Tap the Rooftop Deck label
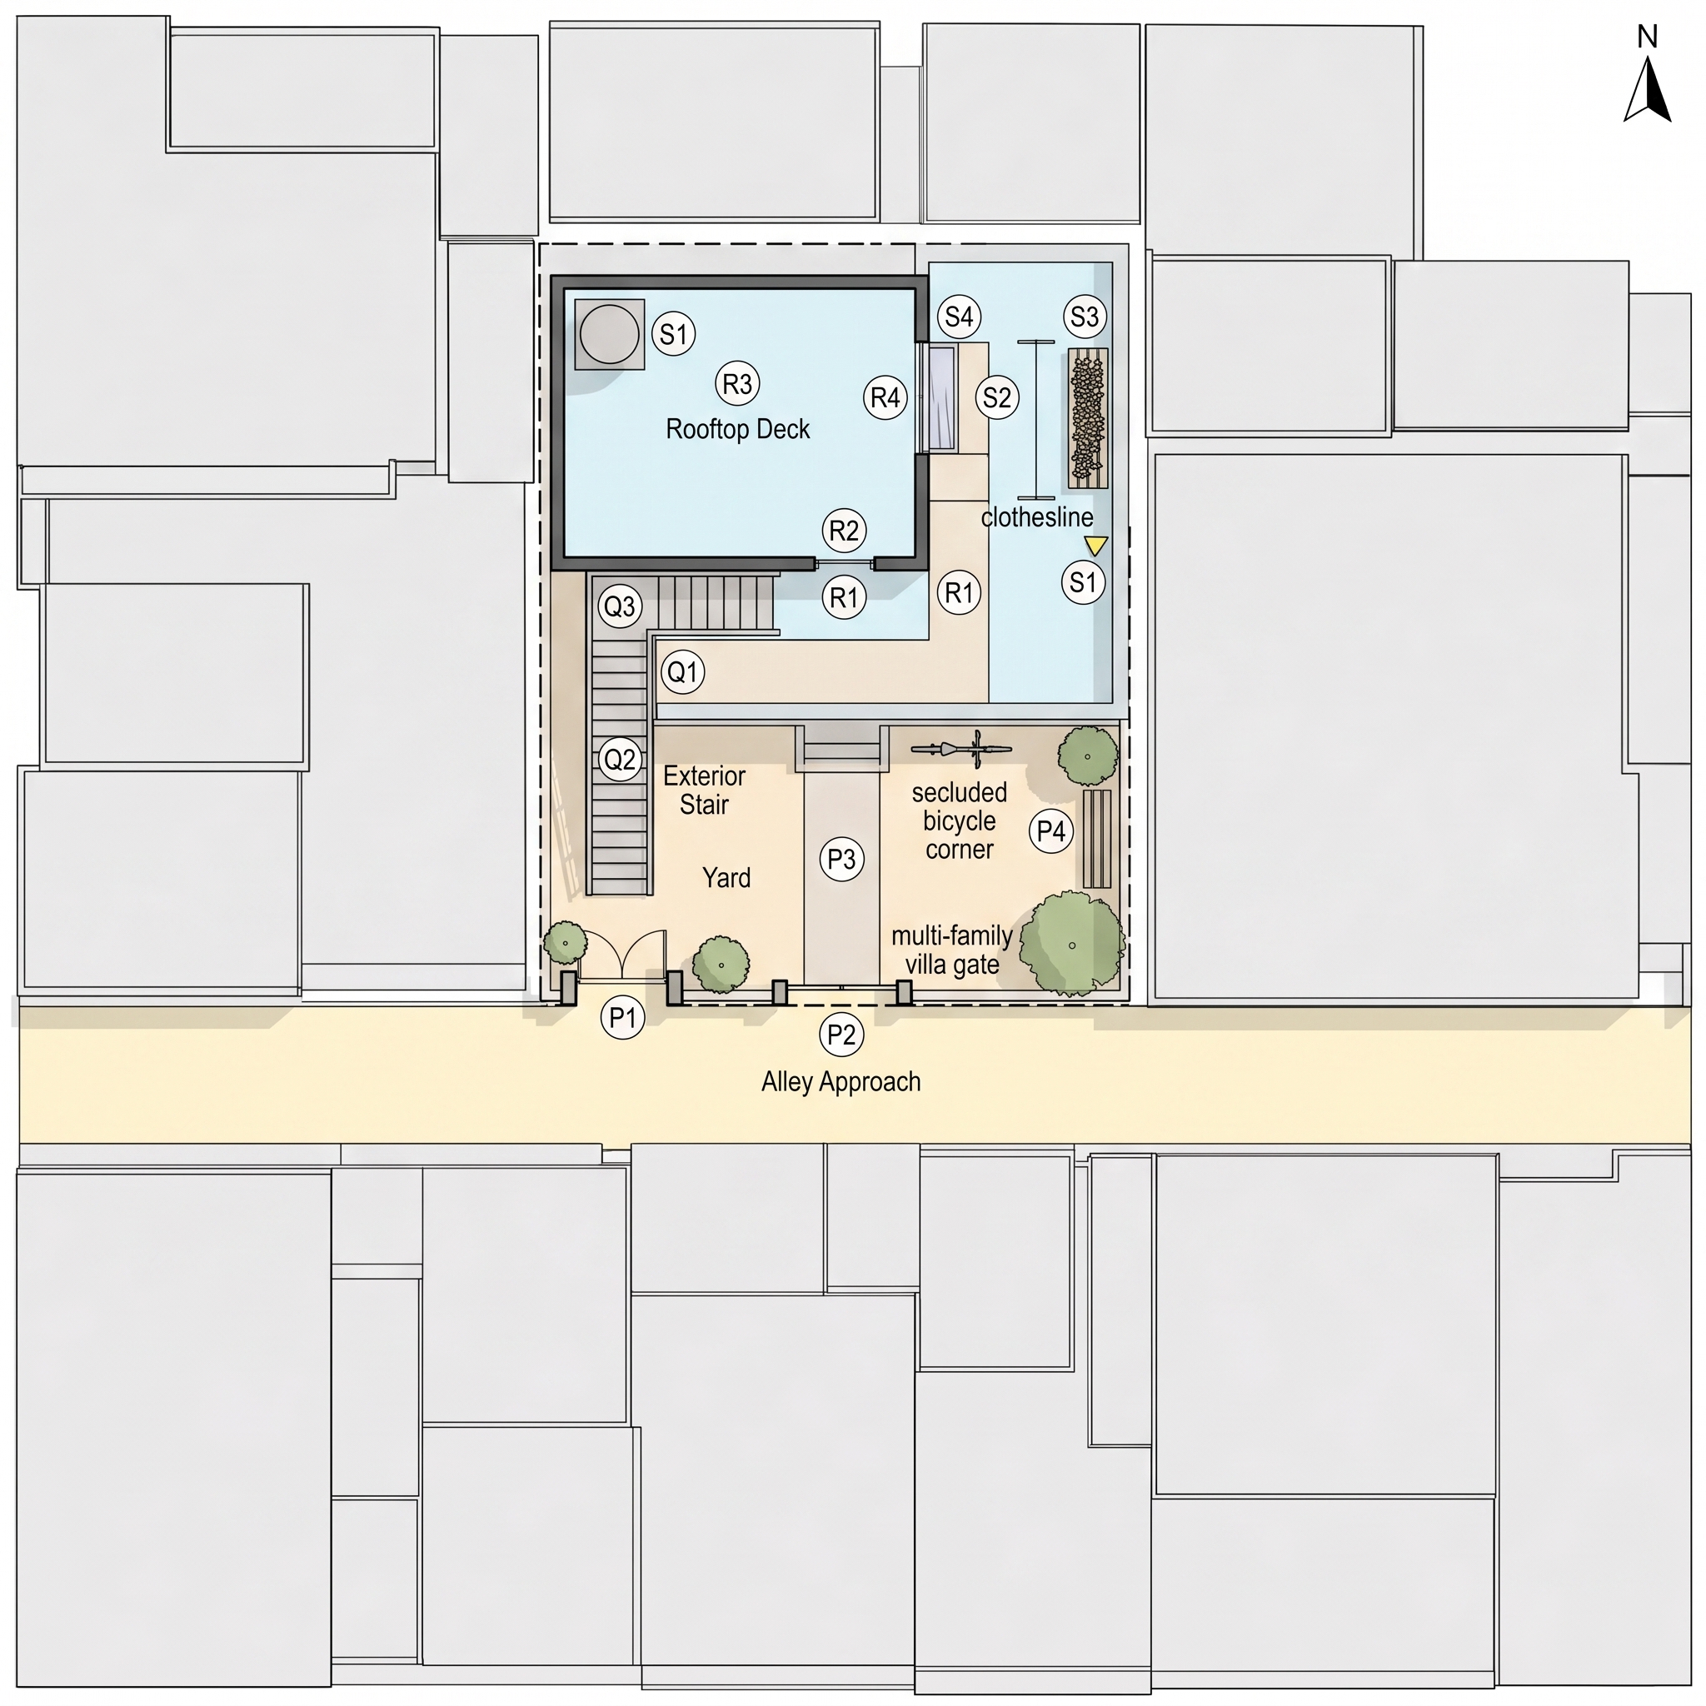737,429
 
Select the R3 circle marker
737,383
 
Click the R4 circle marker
885,398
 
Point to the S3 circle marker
1085,316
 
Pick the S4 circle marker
959,316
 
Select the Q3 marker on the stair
619,606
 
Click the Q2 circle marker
619,759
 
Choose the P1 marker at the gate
622,1017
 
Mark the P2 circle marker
841,1033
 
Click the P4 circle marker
1050,830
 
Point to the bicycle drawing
960,749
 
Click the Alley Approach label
841,1082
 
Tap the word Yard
726,877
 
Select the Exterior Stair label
704,791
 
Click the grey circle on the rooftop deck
609,335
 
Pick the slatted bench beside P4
1097,839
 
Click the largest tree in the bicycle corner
1072,945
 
